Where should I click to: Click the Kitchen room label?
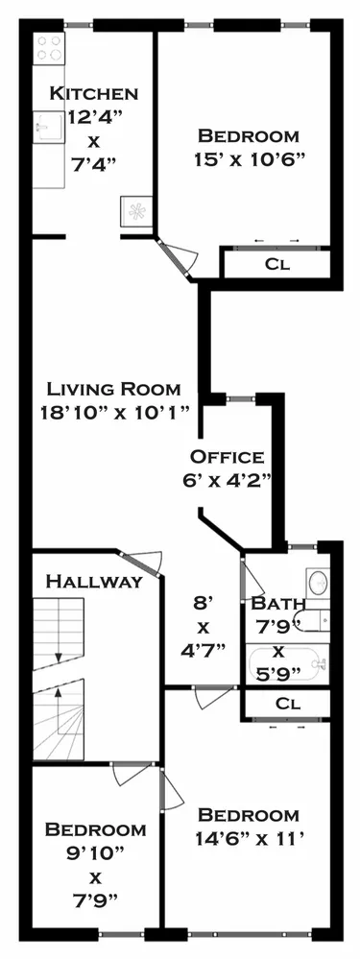(x=94, y=93)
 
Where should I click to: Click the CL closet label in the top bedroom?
(x=276, y=263)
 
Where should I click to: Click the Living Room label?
(x=113, y=389)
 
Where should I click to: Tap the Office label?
(x=227, y=456)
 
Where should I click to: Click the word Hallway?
(x=94, y=582)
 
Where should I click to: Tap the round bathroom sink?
(x=318, y=582)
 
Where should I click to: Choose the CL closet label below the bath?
(x=287, y=703)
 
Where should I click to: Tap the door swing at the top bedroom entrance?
(x=179, y=257)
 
